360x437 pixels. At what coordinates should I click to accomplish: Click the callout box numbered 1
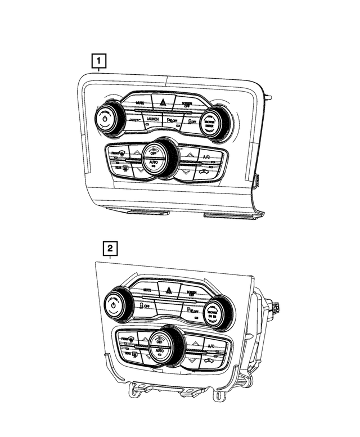[98, 60]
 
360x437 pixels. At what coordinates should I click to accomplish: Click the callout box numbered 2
[110, 248]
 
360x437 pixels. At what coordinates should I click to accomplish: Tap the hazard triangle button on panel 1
[164, 102]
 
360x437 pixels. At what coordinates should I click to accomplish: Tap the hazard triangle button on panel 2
[168, 290]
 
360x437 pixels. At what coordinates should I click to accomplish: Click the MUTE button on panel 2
[147, 290]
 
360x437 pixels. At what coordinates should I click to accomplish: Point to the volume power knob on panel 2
[114, 307]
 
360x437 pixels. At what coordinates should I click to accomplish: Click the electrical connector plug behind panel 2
[275, 308]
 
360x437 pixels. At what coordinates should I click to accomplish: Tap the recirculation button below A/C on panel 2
[209, 360]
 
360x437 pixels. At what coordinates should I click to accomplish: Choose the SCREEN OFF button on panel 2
[191, 293]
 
